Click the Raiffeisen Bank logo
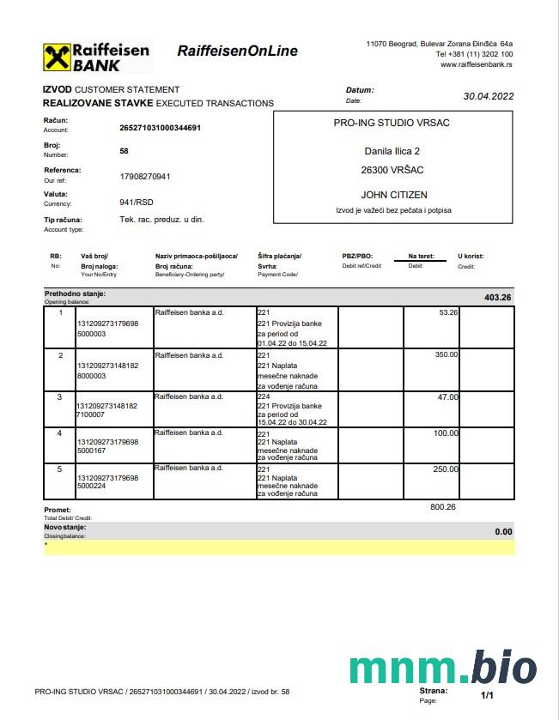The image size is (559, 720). (95, 57)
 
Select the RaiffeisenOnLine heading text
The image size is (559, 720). (237, 51)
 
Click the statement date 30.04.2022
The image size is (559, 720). (488, 96)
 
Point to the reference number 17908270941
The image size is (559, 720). (145, 177)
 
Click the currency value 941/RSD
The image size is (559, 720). (137, 203)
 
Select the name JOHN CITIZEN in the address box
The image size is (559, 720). (393, 195)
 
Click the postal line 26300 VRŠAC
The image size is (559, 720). (392, 170)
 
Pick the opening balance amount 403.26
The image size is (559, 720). (497, 298)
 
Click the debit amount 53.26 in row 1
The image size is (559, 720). (448, 312)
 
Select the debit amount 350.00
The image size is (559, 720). (446, 354)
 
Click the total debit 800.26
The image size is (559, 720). (443, 507)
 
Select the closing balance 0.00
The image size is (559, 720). (503, 531)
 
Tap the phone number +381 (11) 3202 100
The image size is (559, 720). (476, 54)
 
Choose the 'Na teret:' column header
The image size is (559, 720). (422, 257)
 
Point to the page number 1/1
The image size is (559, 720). (487, 694)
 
